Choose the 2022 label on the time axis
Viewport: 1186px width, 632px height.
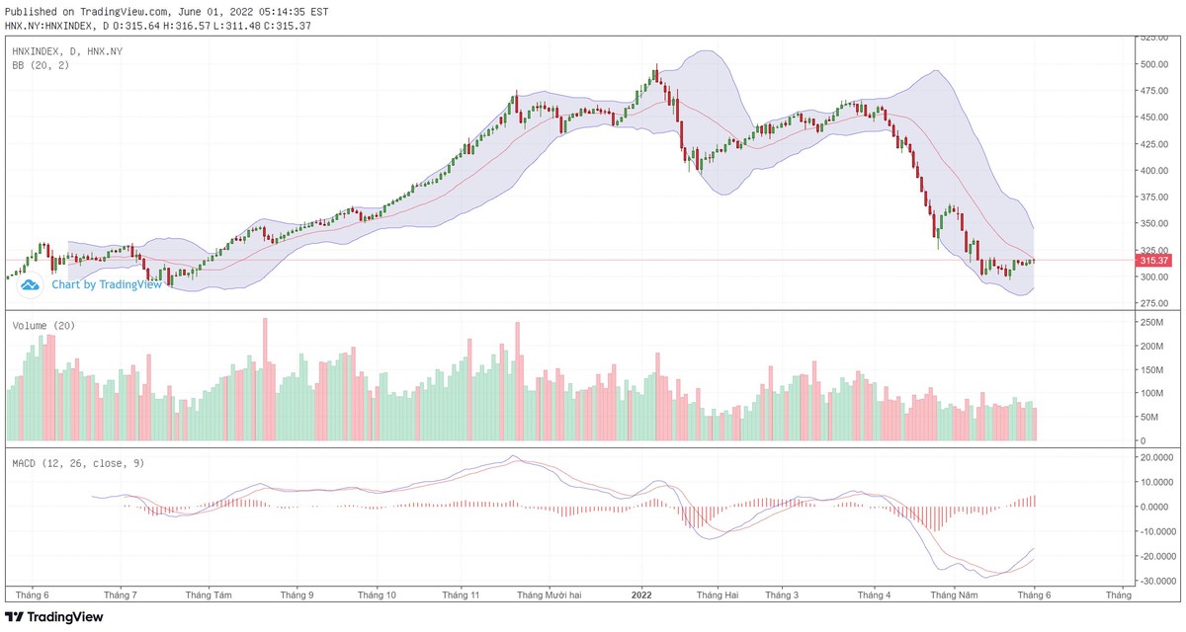click(x=641, y=595)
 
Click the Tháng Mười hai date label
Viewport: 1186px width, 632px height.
click(x=550, y=595)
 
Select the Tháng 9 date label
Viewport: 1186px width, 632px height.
click(x=296, y=595)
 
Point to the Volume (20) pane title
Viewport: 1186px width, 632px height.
click(x=43, y=325)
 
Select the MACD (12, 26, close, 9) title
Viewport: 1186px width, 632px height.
click(x=78, y=462)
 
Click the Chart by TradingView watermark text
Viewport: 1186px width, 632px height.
click(x=106, y=284)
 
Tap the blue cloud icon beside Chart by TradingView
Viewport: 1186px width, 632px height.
click(x=29, y=284)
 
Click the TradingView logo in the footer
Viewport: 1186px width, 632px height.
click(x=53, y=617)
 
